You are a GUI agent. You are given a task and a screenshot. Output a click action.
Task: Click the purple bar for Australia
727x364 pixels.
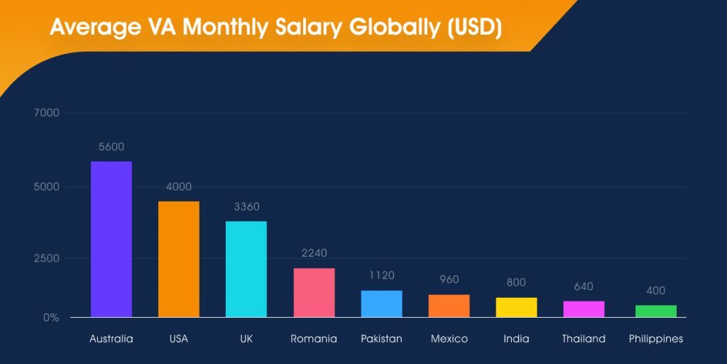pos(111,239)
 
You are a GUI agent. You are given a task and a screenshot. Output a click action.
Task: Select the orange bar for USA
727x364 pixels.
pos(178,259)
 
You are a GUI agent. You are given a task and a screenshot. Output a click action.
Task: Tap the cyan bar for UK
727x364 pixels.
pos(246,269)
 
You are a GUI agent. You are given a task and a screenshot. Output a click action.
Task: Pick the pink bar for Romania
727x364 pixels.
pos(314,292)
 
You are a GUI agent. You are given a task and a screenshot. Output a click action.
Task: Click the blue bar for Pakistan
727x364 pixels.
pos(381,304)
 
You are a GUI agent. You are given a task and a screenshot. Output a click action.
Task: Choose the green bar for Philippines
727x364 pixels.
pos(655,311)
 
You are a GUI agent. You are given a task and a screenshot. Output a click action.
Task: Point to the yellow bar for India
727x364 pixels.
pos(516,307)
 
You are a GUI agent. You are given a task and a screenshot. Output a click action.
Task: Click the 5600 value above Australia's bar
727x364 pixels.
pos(111,147)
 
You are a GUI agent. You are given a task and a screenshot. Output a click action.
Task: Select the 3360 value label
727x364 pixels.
pos(246,207)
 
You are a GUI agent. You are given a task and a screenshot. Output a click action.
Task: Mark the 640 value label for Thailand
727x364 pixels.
pos(584,287)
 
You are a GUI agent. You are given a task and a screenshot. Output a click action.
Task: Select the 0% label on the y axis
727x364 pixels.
pos(50,318)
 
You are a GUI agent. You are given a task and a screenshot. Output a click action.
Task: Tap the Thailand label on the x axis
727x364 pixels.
pos(584,339)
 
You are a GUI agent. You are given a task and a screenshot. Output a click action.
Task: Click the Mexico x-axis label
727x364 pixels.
pos(449,339)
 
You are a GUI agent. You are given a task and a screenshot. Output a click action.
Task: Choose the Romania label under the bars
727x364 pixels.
pos(314,339)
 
